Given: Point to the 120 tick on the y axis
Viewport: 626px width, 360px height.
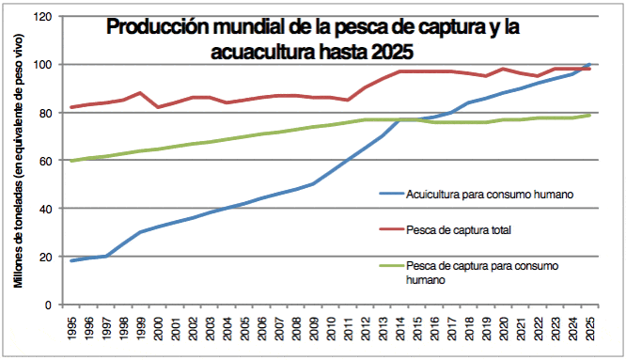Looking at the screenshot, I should (x=41, y=17).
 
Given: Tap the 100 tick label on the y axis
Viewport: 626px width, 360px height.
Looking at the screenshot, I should (x=41, y=65).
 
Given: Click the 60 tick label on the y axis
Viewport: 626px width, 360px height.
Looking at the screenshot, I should (x=44, y=161).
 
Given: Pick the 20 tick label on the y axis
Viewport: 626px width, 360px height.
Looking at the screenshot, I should (x=44, y=257).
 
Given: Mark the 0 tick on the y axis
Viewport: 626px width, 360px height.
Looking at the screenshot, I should (x=47, y=305).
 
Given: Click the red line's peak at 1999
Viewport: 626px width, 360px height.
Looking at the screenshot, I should (x=140, y=93).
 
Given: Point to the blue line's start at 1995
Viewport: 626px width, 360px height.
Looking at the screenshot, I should (x=71, y=260).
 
